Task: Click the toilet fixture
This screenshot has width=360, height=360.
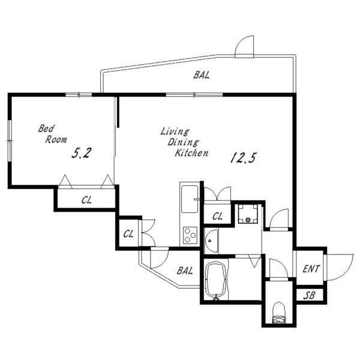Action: point(278,313)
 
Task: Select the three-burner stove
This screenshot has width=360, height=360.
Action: point(190,235)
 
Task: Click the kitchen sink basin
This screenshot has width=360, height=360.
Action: point(190,199)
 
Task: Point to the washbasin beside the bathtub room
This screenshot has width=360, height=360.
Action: point(211,241)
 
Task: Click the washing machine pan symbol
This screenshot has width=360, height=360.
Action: point(248,214)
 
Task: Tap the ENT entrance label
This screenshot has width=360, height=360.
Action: point(311,269)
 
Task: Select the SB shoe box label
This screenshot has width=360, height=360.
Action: point(309,295)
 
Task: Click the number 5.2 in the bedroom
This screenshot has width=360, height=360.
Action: point(82,153)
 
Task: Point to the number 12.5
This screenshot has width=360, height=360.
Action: point(243,158)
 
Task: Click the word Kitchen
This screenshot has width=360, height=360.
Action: point(191,153)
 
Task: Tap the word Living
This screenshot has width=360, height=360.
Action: point(175,131)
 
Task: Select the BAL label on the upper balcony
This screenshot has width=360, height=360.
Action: point(202,75)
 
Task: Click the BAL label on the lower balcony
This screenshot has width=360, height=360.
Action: point(185,271)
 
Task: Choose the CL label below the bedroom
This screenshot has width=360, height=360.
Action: point(86,200)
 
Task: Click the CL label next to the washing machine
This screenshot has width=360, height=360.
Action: point(217,216)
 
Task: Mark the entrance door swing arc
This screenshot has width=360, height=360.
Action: point(346,272)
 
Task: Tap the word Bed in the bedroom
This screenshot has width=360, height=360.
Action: point(46,128)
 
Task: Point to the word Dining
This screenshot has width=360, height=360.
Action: point(183,142)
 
